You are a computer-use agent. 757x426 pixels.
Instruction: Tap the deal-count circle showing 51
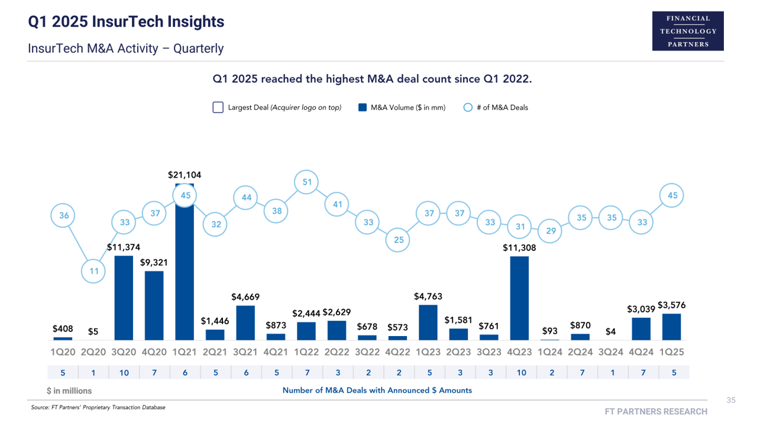[307, 182]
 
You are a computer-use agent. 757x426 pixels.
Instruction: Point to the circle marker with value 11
[93, 272]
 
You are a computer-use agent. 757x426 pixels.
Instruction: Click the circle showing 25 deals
[399, 240]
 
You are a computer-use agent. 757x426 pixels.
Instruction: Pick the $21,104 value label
[185, 175]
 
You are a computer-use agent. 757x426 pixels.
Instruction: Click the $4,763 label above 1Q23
[428, 296]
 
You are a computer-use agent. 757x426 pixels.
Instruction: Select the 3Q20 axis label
[124, 352]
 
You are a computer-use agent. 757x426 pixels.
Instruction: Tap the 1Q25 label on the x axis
[672, 352]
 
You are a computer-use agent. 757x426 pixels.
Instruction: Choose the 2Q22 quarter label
[337, 352]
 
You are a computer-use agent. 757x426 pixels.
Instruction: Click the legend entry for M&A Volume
[402, 108]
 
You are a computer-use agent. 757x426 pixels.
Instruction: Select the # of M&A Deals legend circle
[468, 108]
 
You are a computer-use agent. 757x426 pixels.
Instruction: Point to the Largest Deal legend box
[218, 108]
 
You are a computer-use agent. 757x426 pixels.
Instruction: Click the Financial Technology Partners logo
[688, 31]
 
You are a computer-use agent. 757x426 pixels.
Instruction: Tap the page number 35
[731, 401]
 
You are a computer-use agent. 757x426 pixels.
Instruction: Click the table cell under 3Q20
[124, 373]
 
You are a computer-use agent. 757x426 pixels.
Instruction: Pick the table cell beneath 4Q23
[519, 373]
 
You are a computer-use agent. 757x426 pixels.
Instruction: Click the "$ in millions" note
[69, 391]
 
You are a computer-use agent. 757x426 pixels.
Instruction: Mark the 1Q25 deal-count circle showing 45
[672, 195]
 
